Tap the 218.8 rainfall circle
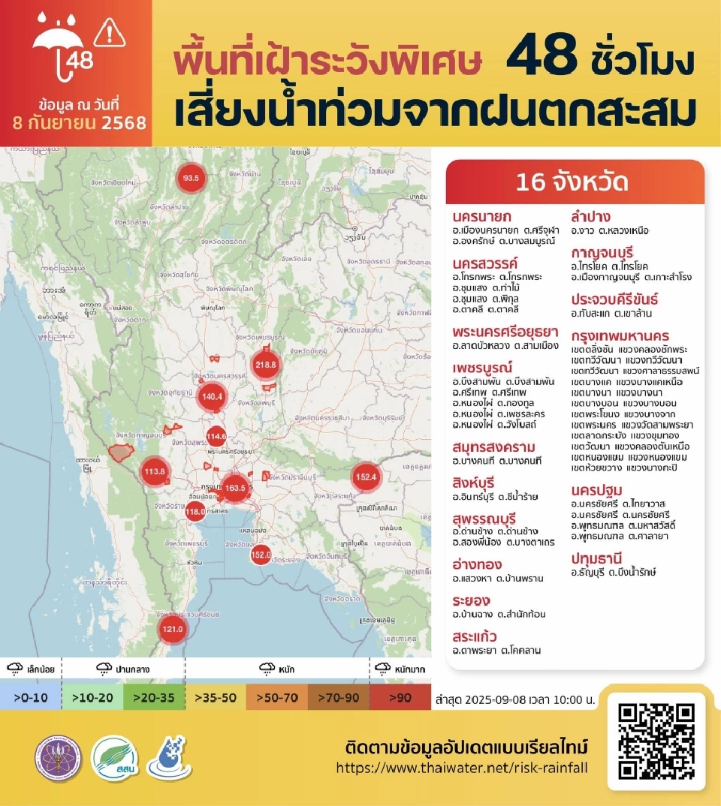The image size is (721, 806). coord(266,365)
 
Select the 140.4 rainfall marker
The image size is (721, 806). coord(213,397)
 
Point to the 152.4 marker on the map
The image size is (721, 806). coord(366,477)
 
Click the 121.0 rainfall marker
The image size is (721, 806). coord(172,628)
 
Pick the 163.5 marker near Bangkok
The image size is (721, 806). coord(234,488)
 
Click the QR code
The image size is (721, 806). coord(656,741)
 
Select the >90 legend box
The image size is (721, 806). coord(401,698)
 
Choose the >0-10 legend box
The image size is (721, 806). coord(31,698)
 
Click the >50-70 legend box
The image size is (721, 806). coord(278,698)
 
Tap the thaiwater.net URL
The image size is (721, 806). coord(462,768)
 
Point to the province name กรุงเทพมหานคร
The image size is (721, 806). coord(620,335)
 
